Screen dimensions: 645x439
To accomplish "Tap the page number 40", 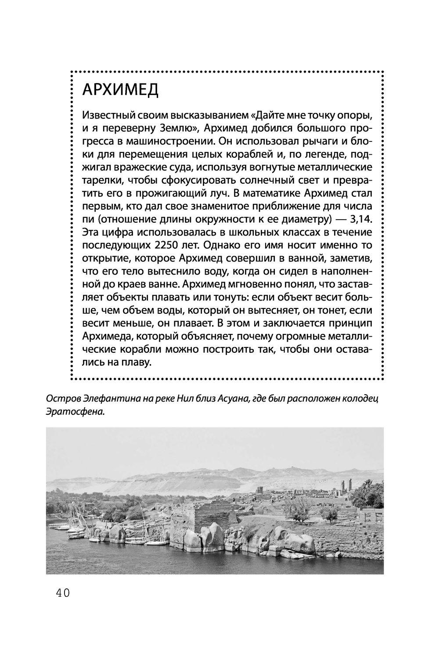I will click(x=63, y=593).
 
